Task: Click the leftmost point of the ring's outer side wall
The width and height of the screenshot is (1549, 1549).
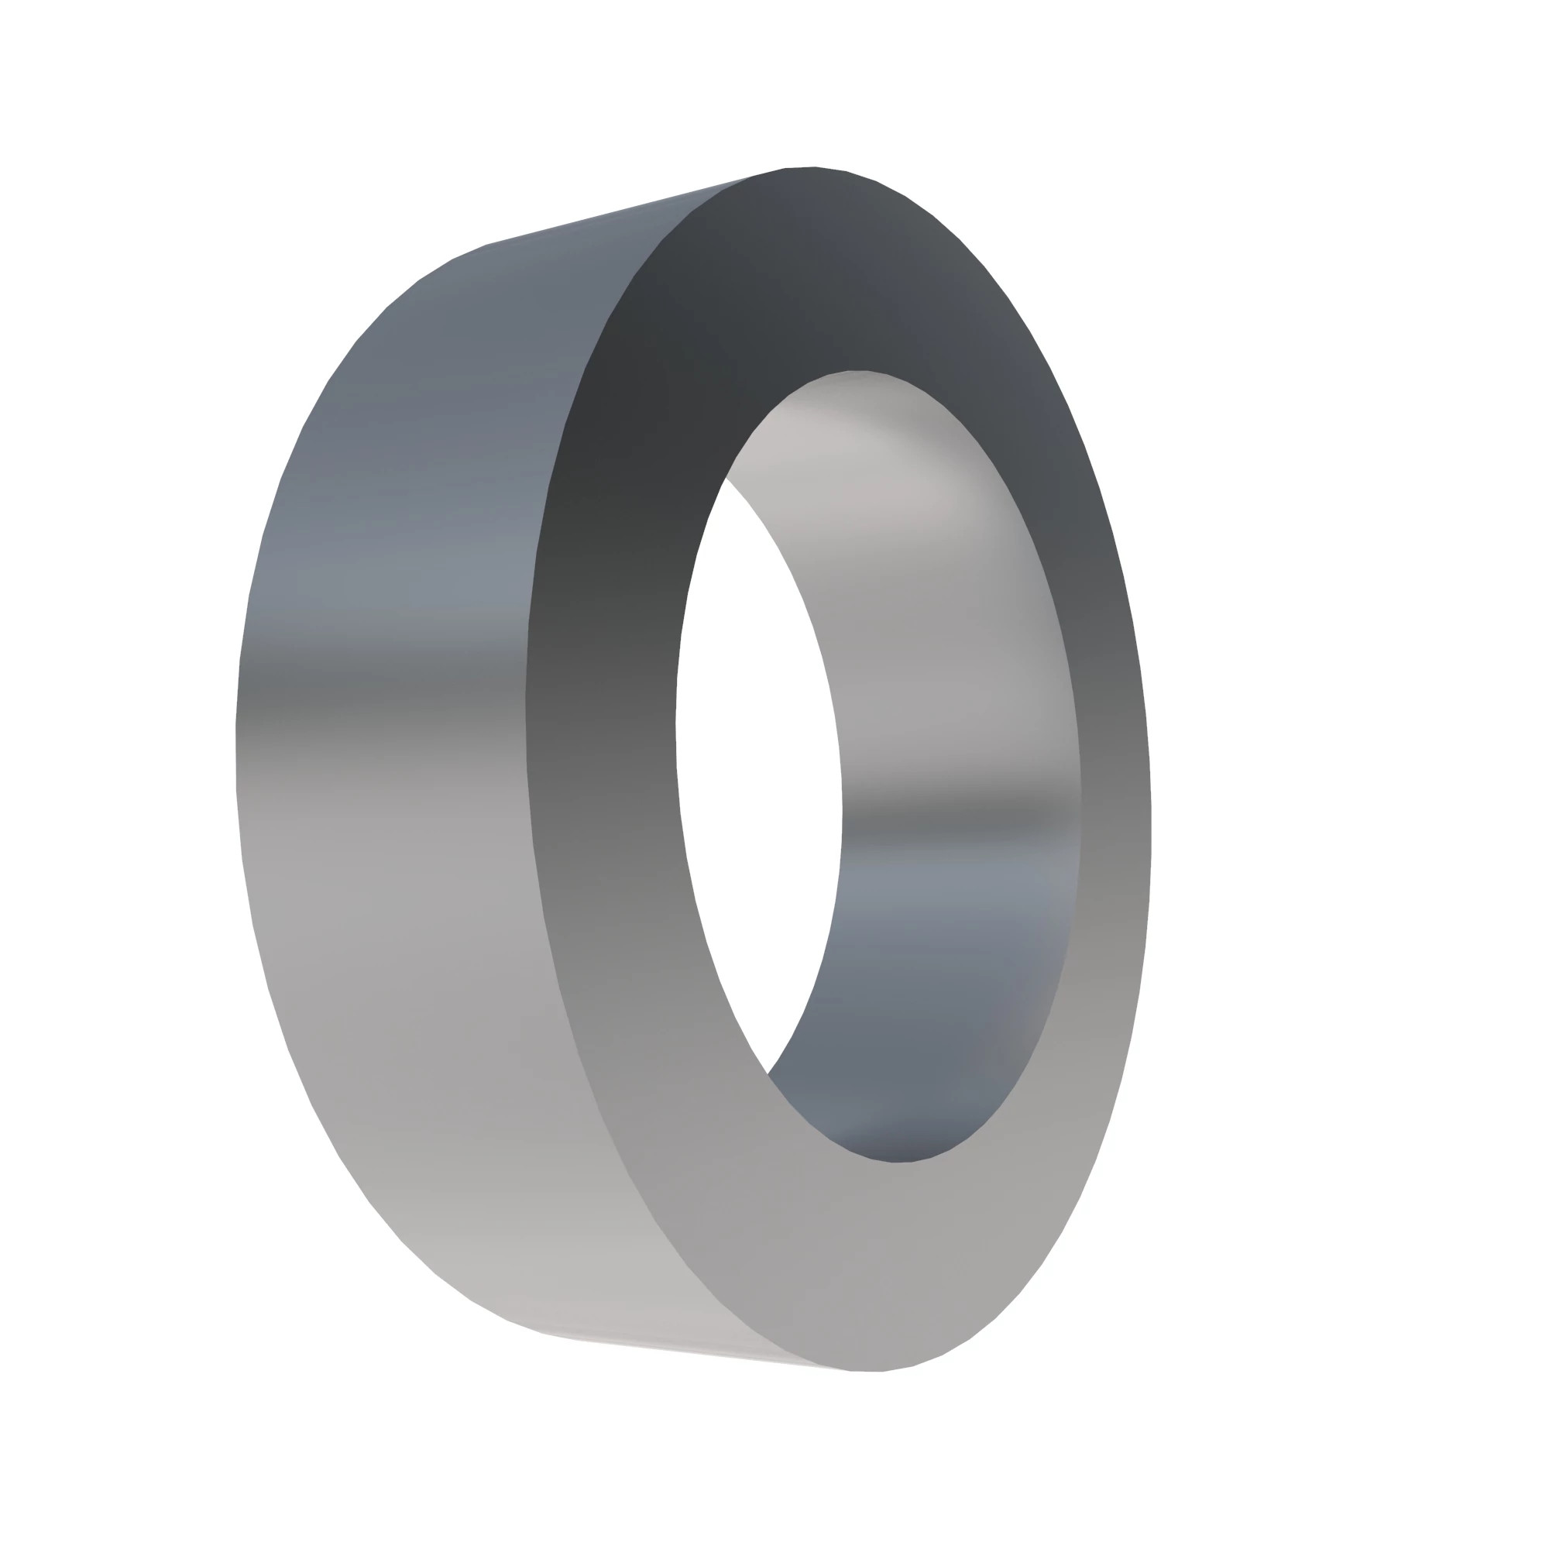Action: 235,754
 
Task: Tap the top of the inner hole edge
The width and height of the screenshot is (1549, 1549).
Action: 858,370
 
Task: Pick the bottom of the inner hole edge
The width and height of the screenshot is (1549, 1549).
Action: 898,1162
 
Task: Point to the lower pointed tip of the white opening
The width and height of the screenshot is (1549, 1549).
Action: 768,1073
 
